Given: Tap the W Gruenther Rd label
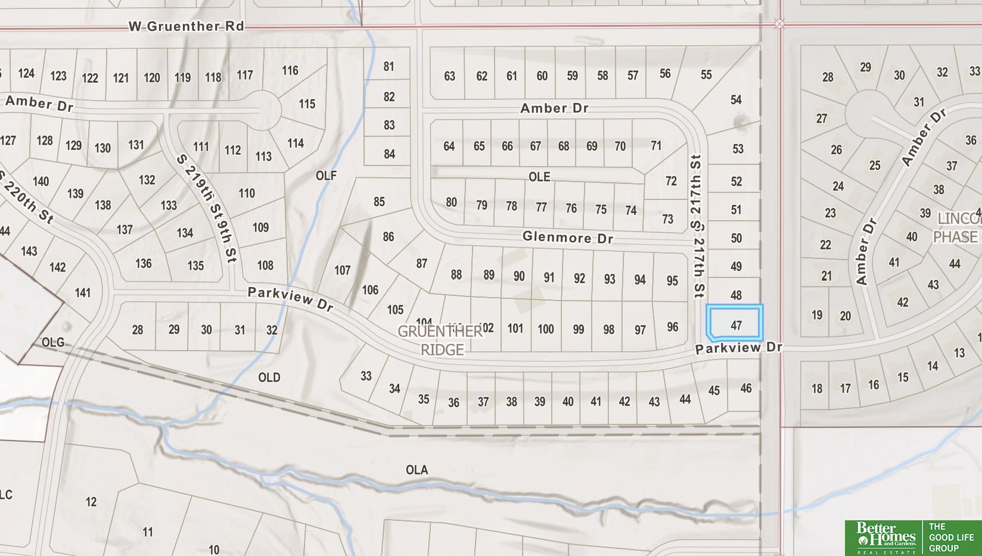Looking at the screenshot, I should point(187,26).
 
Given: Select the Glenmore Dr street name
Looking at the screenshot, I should point(567,238).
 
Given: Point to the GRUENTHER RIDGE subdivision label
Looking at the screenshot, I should point(440,341).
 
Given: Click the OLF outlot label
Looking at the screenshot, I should point(326,175).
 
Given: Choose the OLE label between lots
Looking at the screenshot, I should point(539,177).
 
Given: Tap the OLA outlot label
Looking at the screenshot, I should point(417,470).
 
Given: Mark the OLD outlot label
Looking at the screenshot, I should point(269,377).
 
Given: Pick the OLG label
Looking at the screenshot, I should point(52,342).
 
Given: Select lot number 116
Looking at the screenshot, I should point(290,70).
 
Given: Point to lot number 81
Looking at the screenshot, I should point(389,67).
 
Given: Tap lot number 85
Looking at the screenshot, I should point(379,202).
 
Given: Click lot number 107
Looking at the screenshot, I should point(342,270).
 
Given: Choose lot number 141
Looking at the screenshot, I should point(83,292).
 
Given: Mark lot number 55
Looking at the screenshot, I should point(706,75).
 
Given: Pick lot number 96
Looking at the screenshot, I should point(672,327).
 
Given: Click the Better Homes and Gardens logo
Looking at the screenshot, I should point(882,537).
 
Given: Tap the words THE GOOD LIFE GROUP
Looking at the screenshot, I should point(951,538).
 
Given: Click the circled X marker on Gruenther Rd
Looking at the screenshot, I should point(779,24).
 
